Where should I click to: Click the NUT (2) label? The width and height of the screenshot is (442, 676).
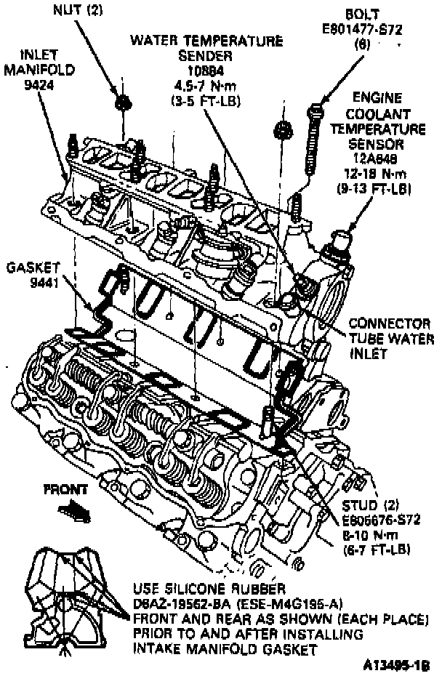[78, 10]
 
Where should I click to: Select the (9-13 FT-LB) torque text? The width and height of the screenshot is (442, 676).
[374, 188]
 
